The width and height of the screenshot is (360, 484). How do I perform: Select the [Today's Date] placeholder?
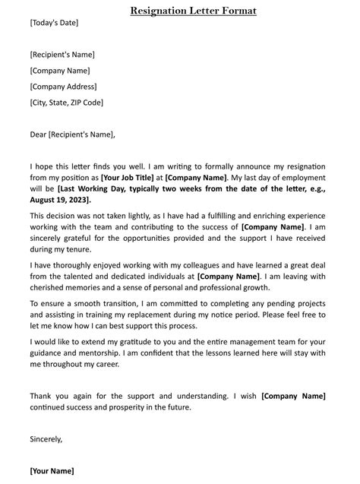[x=54, y=23]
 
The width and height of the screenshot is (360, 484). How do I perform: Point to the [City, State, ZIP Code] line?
[x=67, y=103]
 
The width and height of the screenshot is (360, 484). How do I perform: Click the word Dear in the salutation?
[x=38, y=135]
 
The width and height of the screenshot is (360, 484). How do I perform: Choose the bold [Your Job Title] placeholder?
[x=131, y=178]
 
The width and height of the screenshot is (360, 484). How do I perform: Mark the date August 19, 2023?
[x=59, y=200]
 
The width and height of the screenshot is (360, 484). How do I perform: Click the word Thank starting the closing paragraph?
[x=43, y=396]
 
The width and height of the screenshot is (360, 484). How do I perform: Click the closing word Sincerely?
[x=46, y=439]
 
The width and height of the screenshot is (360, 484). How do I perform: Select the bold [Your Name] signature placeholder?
[x=52, y=471]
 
